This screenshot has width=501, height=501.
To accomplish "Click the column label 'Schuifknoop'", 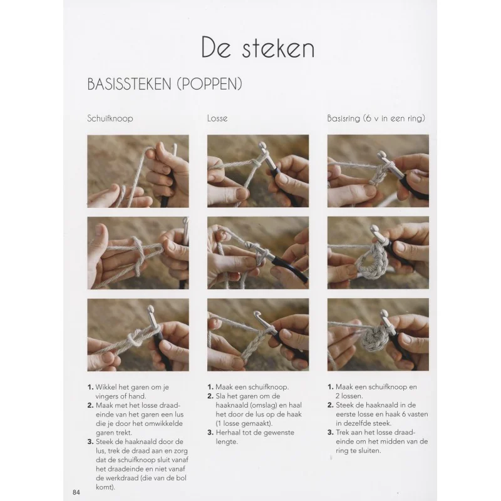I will (110, 118).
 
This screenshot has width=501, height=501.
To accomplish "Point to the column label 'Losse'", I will (217, 118).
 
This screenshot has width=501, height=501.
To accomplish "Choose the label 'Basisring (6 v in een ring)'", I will (376, 118).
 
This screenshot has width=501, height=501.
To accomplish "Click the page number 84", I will (76, 492).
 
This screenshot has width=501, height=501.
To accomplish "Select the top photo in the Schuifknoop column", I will (138, 171).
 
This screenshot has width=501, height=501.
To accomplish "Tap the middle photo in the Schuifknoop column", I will (138, 252).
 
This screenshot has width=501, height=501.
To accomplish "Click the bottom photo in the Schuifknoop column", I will (138, 334).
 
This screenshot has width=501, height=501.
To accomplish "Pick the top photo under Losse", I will (258, 171).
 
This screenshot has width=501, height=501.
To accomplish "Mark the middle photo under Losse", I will (258, 252).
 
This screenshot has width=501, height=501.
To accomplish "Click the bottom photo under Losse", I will (258, 334).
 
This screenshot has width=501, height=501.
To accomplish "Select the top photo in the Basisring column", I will (378, 171).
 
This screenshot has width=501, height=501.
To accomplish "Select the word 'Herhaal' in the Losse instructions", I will (230, 432).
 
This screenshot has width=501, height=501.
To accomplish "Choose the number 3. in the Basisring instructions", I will (331, 432).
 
